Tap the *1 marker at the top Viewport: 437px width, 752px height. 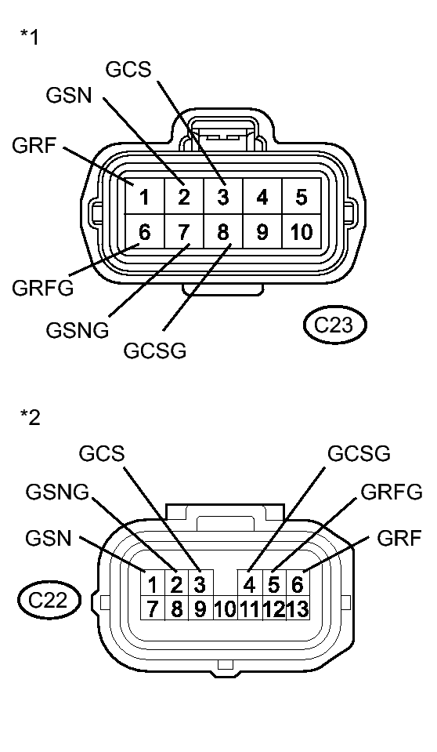30,38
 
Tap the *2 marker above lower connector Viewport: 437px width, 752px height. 30,418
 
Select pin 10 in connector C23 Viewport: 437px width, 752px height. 302,232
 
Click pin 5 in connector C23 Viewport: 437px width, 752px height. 302,197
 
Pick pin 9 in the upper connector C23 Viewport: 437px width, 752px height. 262,232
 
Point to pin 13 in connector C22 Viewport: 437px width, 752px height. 298,608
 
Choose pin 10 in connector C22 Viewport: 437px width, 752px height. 225,609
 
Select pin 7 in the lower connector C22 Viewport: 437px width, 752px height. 153,608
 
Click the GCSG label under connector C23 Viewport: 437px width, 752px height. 155,350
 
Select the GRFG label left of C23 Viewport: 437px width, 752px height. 43,288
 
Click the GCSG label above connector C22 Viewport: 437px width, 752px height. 359,453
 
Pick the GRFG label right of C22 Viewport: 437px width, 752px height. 391,492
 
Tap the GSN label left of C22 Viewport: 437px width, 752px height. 48,538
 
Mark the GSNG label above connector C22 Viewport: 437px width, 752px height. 57,492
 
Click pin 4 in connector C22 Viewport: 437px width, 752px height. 250,584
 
